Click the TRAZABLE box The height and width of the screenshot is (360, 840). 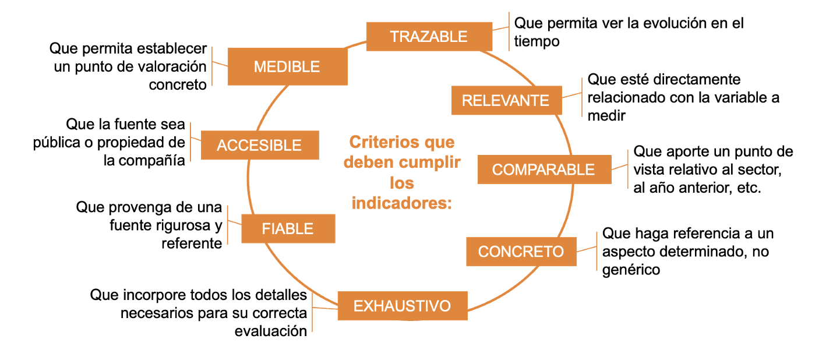429,36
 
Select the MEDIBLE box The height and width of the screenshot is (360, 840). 287,66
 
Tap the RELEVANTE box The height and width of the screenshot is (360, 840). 506,100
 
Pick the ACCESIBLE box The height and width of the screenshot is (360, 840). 260,145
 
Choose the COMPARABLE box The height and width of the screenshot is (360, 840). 544,170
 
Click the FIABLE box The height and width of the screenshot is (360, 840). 288,228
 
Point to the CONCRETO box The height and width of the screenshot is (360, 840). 521,251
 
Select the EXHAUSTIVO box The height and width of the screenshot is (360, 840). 403,306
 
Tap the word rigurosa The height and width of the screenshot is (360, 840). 183,226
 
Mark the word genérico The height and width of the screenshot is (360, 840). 631,270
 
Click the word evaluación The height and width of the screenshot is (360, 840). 271,331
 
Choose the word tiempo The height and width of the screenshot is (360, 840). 537,41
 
